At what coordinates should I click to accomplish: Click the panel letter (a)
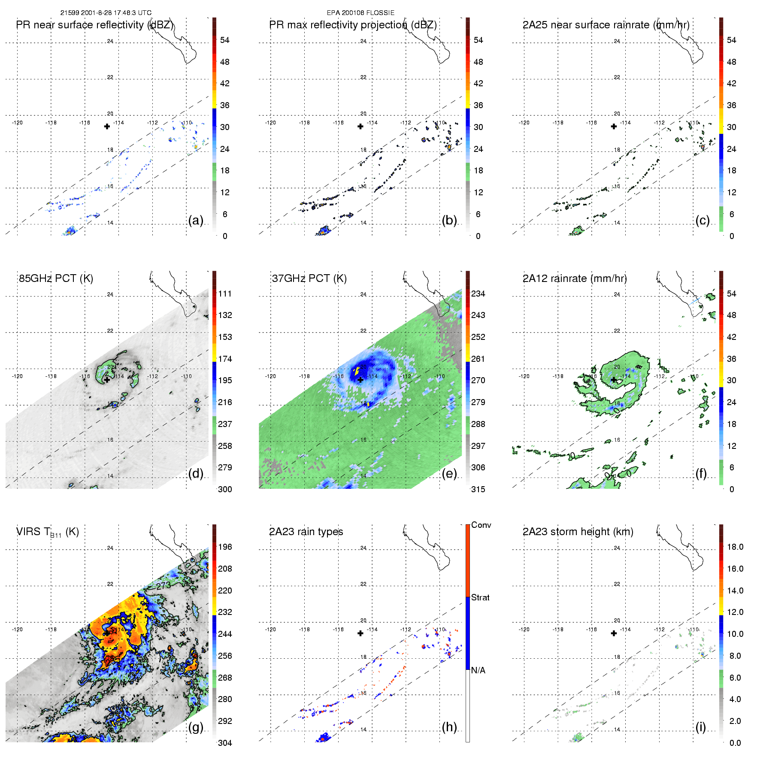tap(196, 221)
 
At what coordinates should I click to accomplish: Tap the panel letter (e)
tap(449, 474)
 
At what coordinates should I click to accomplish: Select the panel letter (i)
tap(700, 727)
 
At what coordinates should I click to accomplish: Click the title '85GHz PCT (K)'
tap(56, 278)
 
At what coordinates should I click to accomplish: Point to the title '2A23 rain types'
tap(306, 532)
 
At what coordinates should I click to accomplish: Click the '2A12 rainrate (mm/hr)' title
tap(575, 278)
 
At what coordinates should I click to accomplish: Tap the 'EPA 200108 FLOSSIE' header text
tap(360, 13)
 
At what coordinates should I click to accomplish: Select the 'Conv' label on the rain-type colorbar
tap(481, 525)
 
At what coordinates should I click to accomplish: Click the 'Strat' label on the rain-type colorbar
tap(480, 597)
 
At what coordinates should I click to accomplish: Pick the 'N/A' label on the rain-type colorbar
tap(478, 670)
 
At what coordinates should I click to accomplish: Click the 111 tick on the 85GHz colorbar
tap(225, 294)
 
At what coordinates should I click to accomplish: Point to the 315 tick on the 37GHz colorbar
tap(478, 489)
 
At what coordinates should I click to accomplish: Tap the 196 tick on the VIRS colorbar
tap(225, 547)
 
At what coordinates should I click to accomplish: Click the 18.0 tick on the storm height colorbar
tap(735, 547)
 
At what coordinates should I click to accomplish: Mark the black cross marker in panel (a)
tap(107, 126)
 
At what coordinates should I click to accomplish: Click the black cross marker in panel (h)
tap(360, 633)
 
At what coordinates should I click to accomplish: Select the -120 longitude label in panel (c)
tap(524, 123)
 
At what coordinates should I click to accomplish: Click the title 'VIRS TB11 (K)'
tap(48, 532)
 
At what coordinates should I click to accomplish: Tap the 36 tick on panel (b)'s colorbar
tap(478, 105)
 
